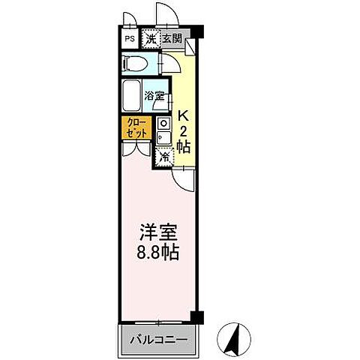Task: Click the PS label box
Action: pos(130,38)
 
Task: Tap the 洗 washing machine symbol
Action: pos(151,38)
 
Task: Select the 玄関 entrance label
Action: pos(172,38)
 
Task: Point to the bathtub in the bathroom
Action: pos(135,94)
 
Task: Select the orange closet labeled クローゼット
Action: pos(136,127)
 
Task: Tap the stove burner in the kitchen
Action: pos(164,122)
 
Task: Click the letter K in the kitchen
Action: pos(183,116)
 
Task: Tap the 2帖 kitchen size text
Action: pos(184,139)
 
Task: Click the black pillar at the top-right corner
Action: pos(197,31)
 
